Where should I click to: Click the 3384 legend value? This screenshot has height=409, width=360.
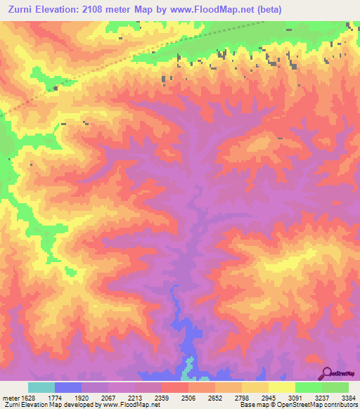click(x=347, y=397)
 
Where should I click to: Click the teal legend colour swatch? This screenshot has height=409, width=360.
click(x=41, y=387)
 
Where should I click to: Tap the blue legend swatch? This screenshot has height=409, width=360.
click(x=68, y=387)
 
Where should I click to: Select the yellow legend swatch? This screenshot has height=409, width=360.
click(x=282, y=387)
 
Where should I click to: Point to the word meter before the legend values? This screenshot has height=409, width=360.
click(x=8, y=397)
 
